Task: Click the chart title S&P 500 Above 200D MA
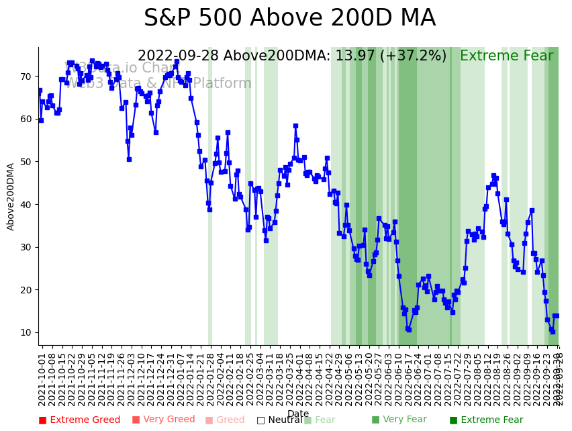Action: click(289, 19)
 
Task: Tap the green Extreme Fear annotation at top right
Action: click(506, 56)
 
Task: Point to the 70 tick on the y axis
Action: click(26, 77)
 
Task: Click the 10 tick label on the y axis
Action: click(26, 332)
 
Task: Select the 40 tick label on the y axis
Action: click(26, 205)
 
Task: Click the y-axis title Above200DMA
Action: click(11, 196)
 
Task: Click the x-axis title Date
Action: click(298, 414)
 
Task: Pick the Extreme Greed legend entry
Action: click(79, 420)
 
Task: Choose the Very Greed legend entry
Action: click(163, 420)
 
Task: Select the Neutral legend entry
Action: click(280, 420)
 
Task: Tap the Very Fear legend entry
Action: click(399, 420)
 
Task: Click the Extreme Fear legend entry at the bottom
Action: click(486, 420)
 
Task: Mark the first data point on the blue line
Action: click(40, 91)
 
